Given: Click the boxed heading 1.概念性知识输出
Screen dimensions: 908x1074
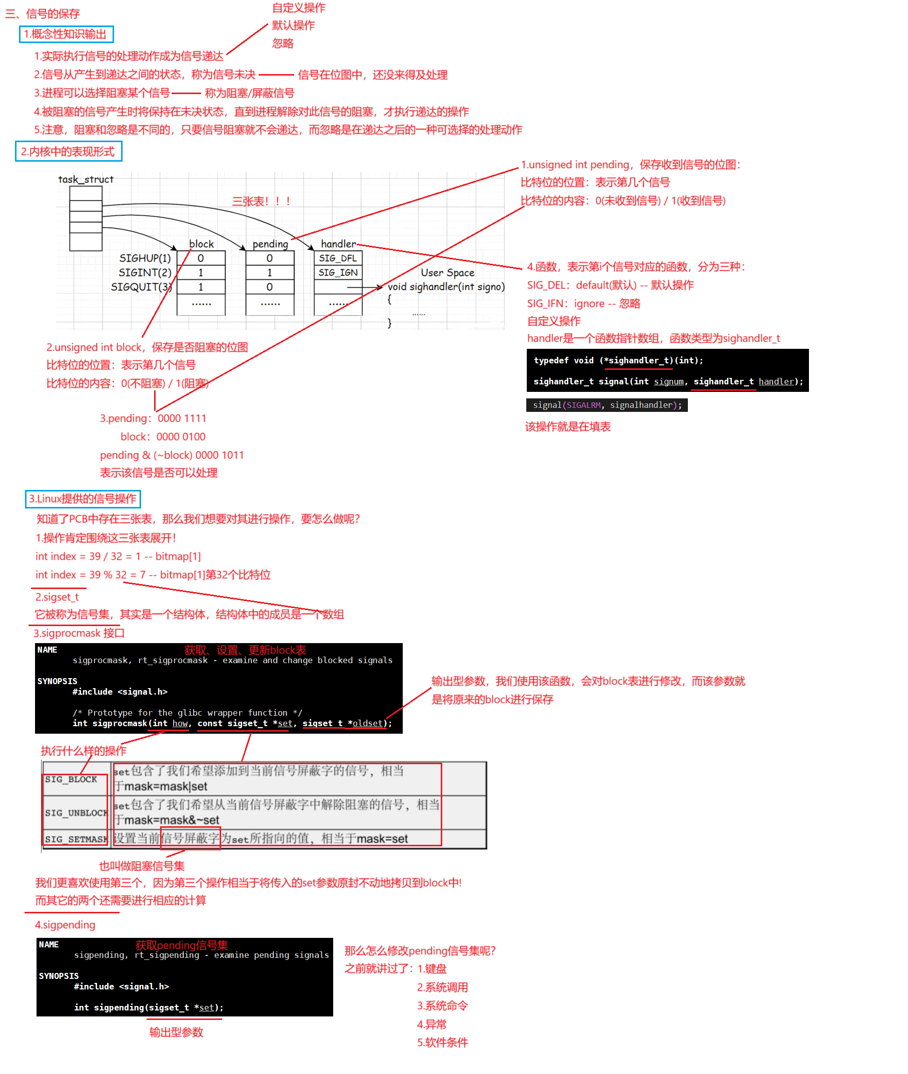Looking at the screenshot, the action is click(66, 34).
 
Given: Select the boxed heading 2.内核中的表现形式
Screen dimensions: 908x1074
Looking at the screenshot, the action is click(68, 151).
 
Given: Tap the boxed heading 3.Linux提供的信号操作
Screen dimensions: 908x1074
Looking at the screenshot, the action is click(83, 498).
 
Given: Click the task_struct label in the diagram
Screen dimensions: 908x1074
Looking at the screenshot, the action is click(86, 179).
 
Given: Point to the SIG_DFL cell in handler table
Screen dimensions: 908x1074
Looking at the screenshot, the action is click(338, 258).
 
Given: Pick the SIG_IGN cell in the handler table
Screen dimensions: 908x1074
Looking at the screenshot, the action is click(338, 272).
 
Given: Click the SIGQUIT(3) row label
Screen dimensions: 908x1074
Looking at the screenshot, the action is click(142, 287).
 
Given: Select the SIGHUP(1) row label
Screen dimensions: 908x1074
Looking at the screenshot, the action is click(145, 258).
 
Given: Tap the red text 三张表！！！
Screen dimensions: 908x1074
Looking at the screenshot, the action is click(262, 201).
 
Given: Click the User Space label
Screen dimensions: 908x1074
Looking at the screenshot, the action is click(447, 272).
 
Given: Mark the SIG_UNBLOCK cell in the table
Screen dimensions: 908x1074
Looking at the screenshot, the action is click(76, 812).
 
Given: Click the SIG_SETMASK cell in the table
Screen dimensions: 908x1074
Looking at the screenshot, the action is click(76, 839).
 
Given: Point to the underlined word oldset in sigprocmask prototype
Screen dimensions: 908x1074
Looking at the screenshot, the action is click(368, 723).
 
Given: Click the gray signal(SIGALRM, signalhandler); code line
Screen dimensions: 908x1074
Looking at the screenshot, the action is click(606, 405).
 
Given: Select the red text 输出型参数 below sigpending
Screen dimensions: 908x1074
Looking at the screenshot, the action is click(176, 1032).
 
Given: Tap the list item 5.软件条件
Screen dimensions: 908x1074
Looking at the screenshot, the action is click(442, 1042).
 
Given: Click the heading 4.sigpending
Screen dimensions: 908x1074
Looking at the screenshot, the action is click(65, 925).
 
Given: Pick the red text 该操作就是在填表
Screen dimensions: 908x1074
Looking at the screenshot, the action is click(567, 426).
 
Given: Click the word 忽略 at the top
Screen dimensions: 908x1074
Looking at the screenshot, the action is click(283, 43).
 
